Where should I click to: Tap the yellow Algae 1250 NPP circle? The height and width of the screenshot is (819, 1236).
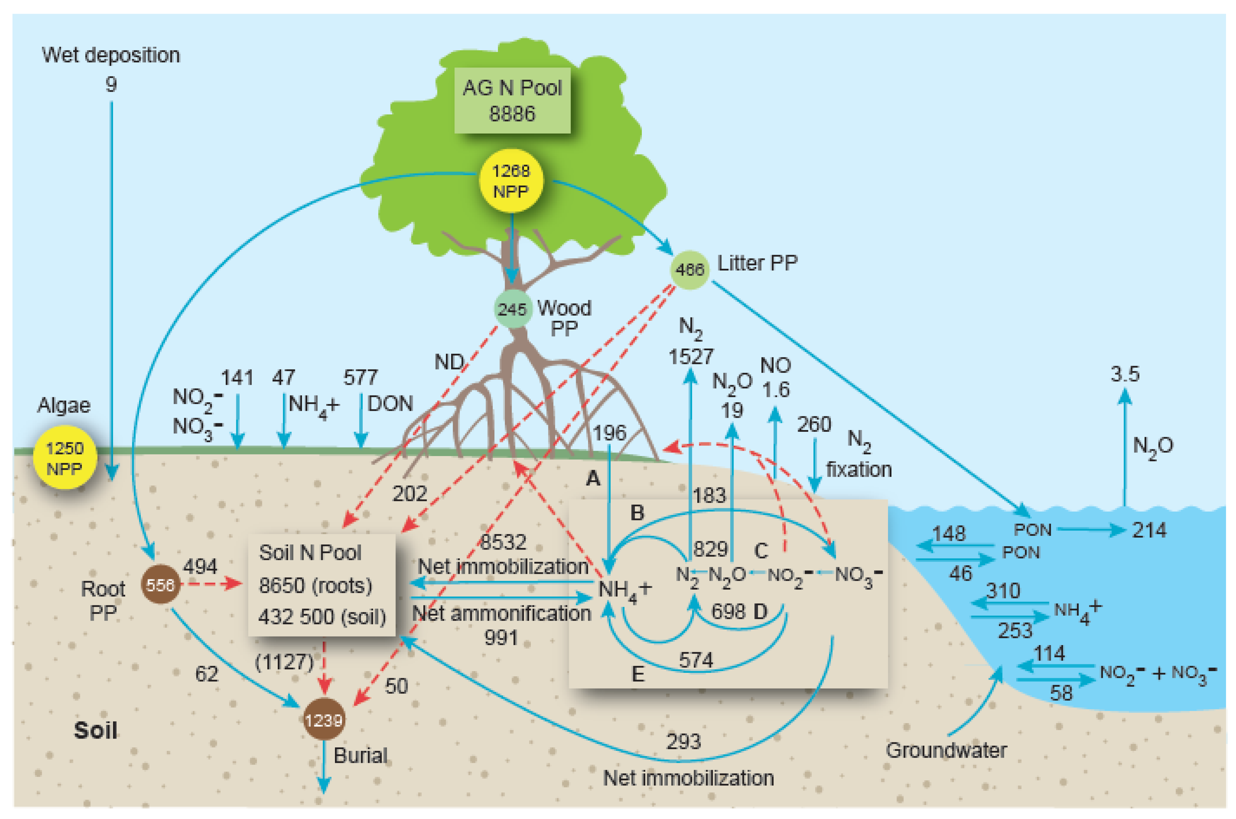[65, 457]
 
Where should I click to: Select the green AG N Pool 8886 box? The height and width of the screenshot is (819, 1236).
[512, 100]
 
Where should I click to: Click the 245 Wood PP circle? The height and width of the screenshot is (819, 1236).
[512, 309]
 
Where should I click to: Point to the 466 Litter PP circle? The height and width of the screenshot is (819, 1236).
[689, 269]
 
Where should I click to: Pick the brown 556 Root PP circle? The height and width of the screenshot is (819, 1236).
[160, 584]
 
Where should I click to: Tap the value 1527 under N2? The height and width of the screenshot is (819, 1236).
[691, 357]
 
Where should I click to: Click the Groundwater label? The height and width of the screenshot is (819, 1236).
[946, 751]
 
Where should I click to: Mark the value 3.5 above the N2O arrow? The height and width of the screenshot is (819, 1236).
[1125, 374]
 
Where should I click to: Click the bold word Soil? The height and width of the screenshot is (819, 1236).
[95, 730]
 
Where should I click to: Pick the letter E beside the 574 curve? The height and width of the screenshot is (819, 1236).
[637, 674]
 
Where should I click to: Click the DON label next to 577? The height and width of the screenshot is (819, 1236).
[390, 404]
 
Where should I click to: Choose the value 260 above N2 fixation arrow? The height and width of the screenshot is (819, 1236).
[813, 424]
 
